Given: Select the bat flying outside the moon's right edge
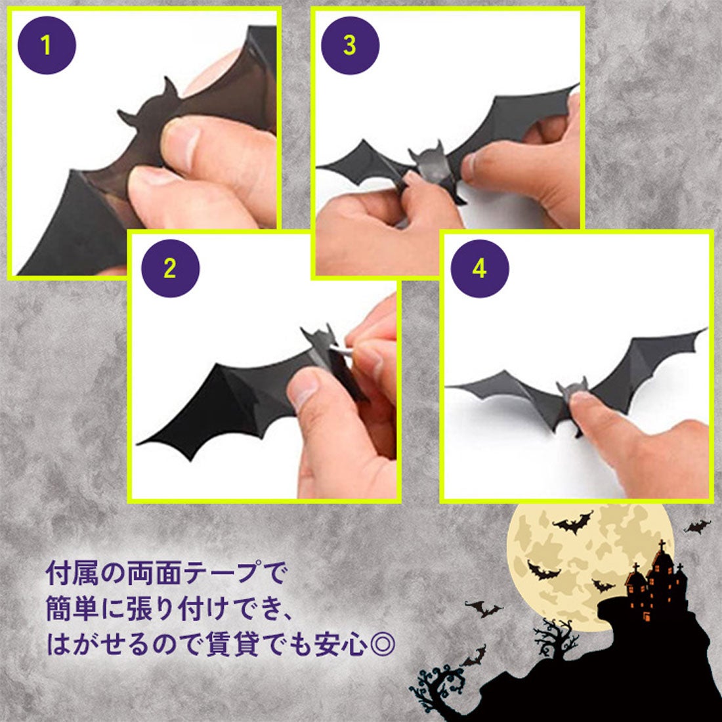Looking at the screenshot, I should click(698, 526).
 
